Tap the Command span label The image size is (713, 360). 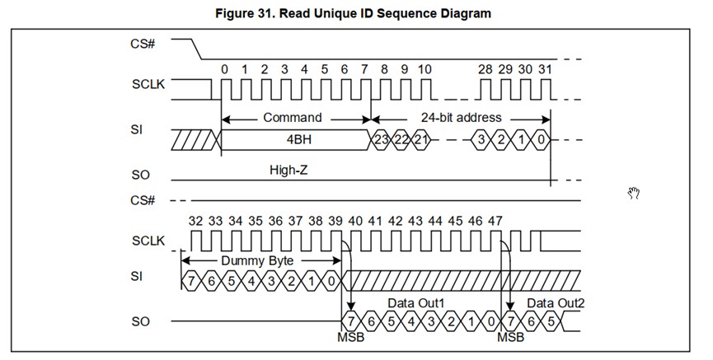pos(293,118)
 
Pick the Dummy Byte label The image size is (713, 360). pos(259,261)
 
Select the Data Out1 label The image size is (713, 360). pos(415,304)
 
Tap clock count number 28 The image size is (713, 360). pos(485,69)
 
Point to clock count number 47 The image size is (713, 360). pos(495,221)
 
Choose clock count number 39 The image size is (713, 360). pos(335,221)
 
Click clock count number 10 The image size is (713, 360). pos(425,69)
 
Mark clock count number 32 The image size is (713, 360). pos(195,221)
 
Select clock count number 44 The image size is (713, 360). pos(435,221)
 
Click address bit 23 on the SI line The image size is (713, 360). pos(382,139)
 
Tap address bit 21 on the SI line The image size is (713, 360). pos(421,139)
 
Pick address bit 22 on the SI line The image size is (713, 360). pos(401,139)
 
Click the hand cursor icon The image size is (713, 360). pos(634,193)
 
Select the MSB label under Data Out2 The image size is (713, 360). pos(509,338)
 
